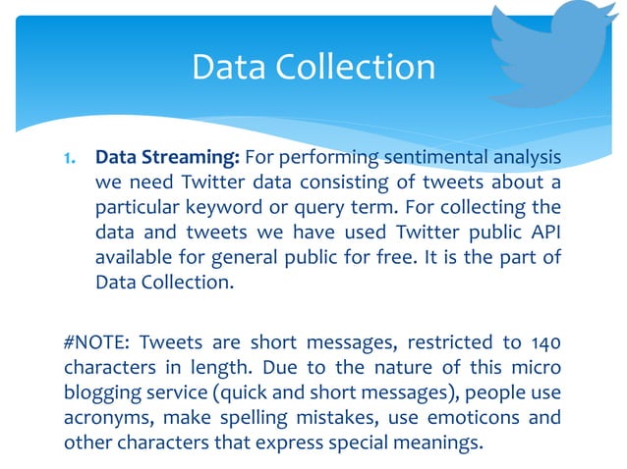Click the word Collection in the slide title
point(369,67)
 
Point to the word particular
point(135,208)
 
